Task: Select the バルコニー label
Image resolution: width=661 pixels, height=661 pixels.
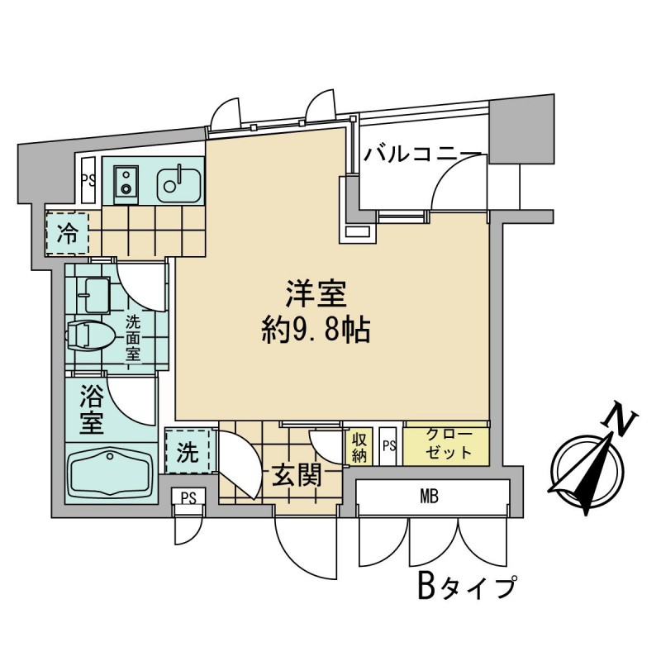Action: (x=422, y=155)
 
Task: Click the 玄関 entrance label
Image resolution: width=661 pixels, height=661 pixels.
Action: (x=295, y=478)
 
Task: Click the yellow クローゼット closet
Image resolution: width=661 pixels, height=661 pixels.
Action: (x=447, y=445)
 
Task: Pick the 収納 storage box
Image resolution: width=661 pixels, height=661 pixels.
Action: (x=358, y=446)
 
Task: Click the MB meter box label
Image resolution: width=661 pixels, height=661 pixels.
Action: (x=428, y=497)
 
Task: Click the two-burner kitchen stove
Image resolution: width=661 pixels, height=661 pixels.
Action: (x=127, y=179)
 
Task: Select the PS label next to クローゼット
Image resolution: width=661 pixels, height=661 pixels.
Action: (x=389, y=447)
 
